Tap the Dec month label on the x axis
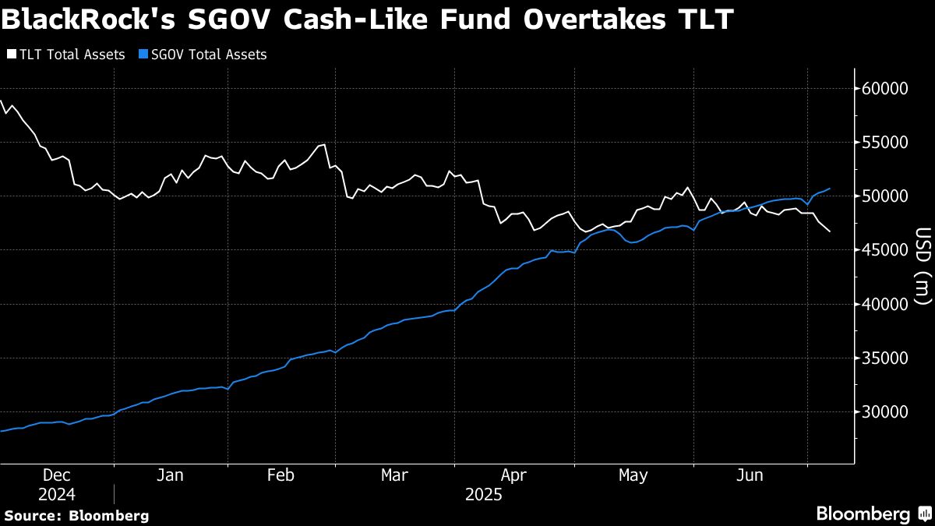[x=56, y=475]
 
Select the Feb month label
[x=280, y=475]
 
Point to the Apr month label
[x=513, y=475]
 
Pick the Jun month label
[x=749, y=475]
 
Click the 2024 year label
[x=56, y=495]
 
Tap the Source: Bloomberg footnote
[x=76, y=515]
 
